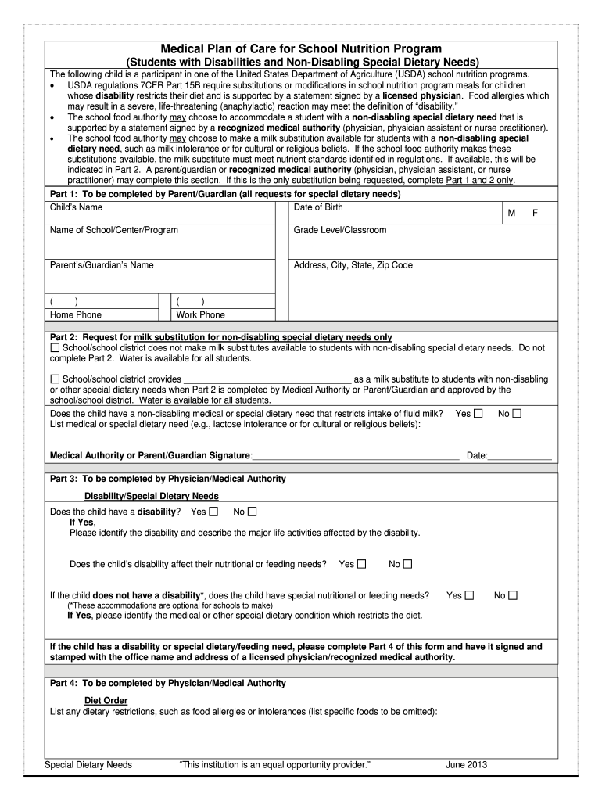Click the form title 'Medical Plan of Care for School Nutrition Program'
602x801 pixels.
(x=301, y=48)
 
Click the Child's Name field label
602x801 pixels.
(x=76, y=207)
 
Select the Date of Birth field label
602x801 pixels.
(x=318, y=207)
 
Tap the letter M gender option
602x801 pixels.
(x=511, y=213)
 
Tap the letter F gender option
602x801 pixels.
(x=536, y=213)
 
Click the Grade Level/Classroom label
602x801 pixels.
(x=340, y=230)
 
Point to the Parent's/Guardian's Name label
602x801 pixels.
(x=102, y=265)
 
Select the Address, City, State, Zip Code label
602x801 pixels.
(x=353, y=265)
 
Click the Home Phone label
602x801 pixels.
(x=75, y=314)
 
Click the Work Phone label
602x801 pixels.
(x=201, y=314)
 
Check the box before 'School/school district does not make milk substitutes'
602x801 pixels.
(x=55, y=347)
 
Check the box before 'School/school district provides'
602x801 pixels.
(x=55, y=379)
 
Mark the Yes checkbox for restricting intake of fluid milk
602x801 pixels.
(x=478, y=413)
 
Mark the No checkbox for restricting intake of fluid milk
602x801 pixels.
(x=517, y=413)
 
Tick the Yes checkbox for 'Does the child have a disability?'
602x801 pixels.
(x=213, y=512)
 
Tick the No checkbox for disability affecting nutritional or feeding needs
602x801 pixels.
(x=407, y=564)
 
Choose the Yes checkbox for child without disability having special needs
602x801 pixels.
(x=469, y=595)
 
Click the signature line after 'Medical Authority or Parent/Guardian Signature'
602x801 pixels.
(x=356, y=455)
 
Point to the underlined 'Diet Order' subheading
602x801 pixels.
(x=106, y=700)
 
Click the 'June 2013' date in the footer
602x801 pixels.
(x=467, y=764)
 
